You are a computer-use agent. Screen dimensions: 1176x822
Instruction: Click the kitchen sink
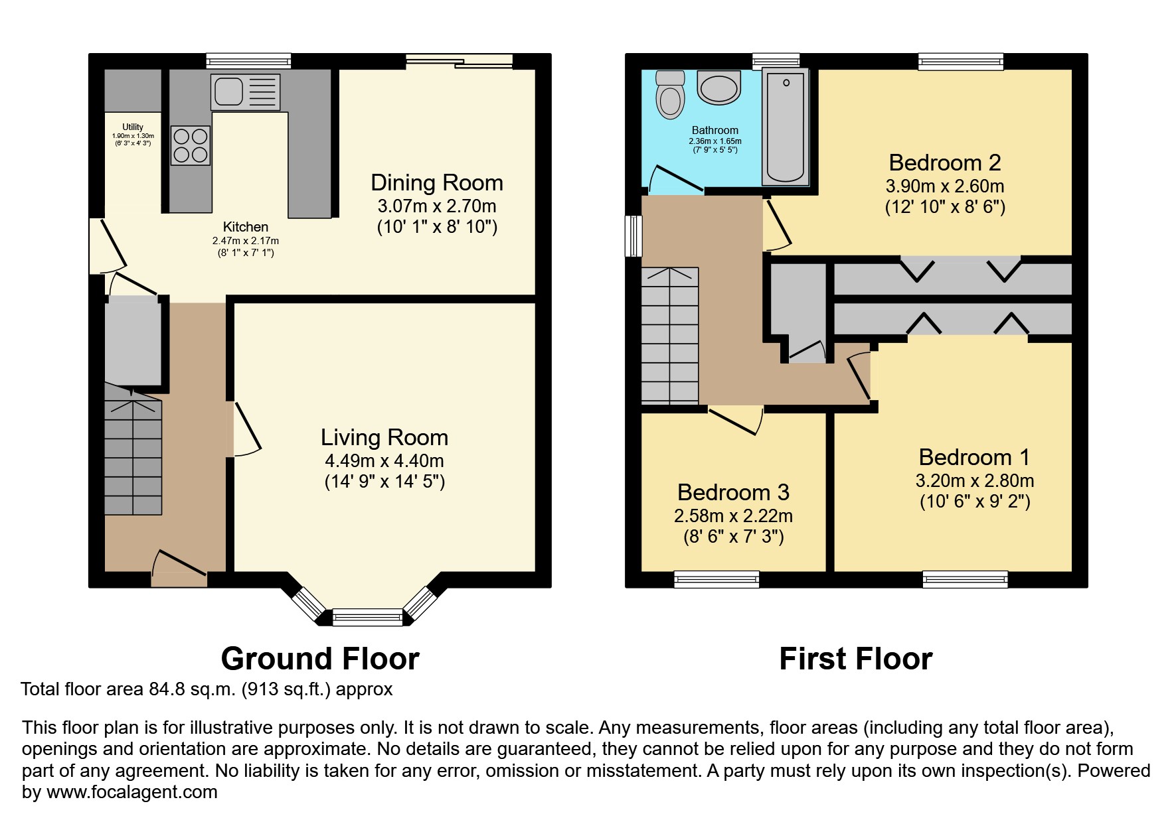[245, 92]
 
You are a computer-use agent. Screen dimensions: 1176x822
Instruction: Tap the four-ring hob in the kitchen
[191, 145]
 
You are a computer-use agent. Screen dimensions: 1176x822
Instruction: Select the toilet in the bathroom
[669, 94]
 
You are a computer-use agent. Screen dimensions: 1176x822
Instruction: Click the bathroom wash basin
[719, 88]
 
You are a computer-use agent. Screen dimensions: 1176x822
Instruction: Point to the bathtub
[786, 126]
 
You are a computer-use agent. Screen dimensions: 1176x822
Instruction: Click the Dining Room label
[437, 182]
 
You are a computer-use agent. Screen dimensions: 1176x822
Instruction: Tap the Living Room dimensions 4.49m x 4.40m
[384, 460]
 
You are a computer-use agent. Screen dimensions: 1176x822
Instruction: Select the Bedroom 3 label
[733, 492]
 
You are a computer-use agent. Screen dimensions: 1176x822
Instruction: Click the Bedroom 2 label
[945, 163]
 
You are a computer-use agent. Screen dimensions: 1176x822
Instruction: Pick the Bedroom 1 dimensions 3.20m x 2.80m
[975, 480]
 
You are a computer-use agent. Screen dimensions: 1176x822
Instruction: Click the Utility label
[133, 127]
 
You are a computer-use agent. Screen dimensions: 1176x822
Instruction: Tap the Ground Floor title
[320, 659]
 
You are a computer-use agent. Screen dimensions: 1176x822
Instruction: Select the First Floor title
[856, 659]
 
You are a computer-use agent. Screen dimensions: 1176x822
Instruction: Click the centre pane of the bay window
[367, 618]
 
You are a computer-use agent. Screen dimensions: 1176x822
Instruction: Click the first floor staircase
[670, 336]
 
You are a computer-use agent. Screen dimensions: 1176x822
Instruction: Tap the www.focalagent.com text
[131, 792]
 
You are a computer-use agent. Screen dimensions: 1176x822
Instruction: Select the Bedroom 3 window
[716, 579]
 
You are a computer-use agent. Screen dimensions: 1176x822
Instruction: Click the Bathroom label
[715, 131]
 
